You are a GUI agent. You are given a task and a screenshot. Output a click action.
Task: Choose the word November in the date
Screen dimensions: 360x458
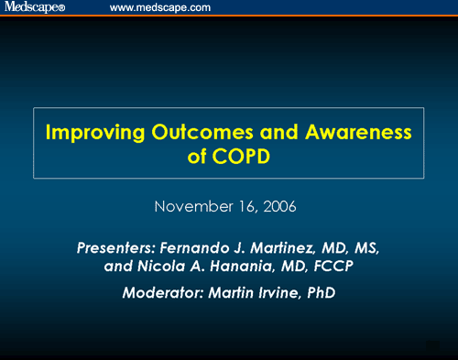pos(191,206)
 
